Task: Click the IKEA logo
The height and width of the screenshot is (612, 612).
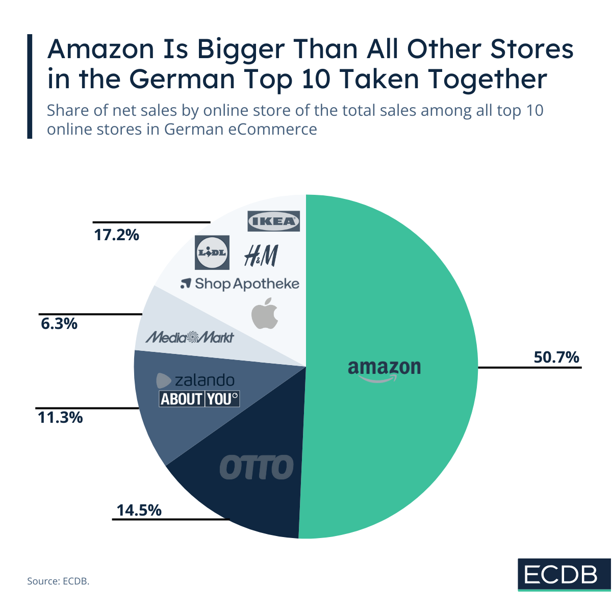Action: tap(273, 221)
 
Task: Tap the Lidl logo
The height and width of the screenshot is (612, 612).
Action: tap(212, 252)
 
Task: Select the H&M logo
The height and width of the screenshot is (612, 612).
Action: tap(261, 256)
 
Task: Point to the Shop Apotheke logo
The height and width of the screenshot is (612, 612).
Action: tap(240, 284)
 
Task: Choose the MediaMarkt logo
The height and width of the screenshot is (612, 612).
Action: tap(190, 337)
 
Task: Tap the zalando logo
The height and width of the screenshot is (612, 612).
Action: tap(195, 380)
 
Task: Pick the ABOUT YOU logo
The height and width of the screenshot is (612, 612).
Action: tap(199, 399)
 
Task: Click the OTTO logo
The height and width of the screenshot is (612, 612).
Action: tap(257, 467)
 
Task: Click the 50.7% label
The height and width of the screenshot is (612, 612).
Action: tap(556, 357)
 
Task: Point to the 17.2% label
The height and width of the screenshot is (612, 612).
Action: tap(116, 235)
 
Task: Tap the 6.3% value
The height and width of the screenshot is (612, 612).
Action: tap(59, 323)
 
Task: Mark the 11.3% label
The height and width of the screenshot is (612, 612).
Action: tap(60, 418)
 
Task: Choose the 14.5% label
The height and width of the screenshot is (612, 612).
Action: tap(139, 510)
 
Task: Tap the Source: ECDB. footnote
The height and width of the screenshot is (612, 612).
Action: tap(58, 581)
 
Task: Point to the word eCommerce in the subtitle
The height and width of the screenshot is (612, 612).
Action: tap(272, 130)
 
